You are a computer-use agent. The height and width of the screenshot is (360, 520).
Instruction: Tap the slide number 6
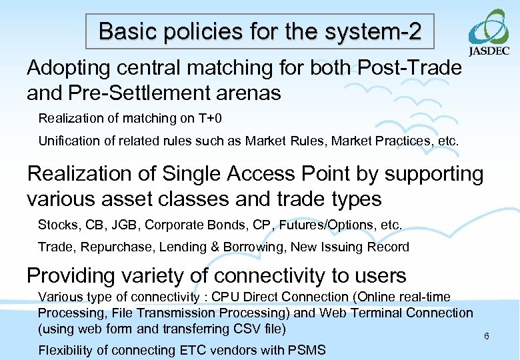(x=487, y=336)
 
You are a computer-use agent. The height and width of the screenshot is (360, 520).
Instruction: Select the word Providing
(x=73, y=275)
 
